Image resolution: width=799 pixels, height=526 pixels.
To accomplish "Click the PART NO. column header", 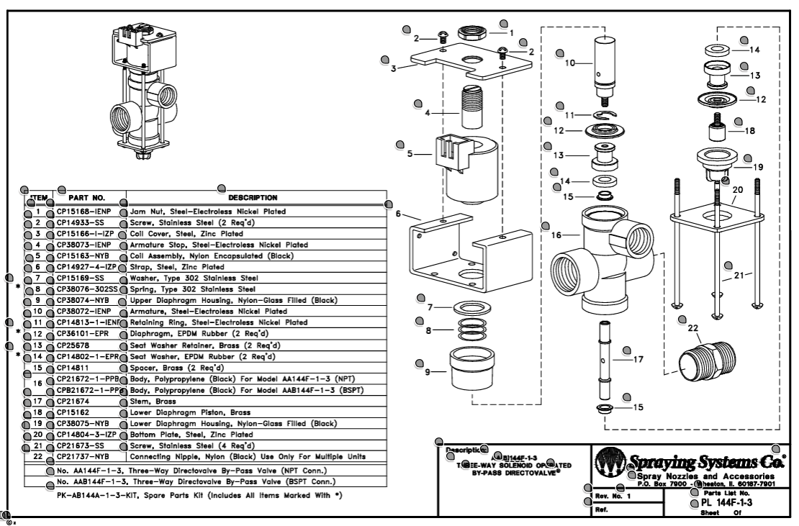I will coord(87,197).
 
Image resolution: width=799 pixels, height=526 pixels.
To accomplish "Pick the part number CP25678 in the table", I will coord(75,345).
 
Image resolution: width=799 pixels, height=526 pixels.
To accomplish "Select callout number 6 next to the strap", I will coord(397,214).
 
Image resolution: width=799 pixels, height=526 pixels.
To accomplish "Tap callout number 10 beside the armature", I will coord(569,63).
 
